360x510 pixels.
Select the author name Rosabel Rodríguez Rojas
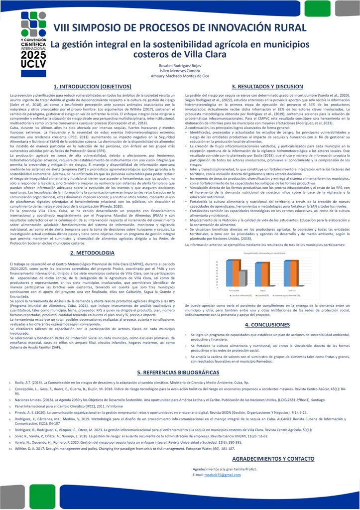pos(180,66)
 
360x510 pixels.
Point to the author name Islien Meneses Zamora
pos(180,71)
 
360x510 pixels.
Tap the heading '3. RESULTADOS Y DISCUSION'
pos(267,87)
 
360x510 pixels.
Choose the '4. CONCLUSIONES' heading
pos(267,324)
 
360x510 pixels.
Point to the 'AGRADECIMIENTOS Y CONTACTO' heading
pos(273,458)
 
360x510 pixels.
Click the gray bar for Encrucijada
pos(242,278)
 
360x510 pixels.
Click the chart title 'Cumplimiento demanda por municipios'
pos(264,254)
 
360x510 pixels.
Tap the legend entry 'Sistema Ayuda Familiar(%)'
pos(288,295)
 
